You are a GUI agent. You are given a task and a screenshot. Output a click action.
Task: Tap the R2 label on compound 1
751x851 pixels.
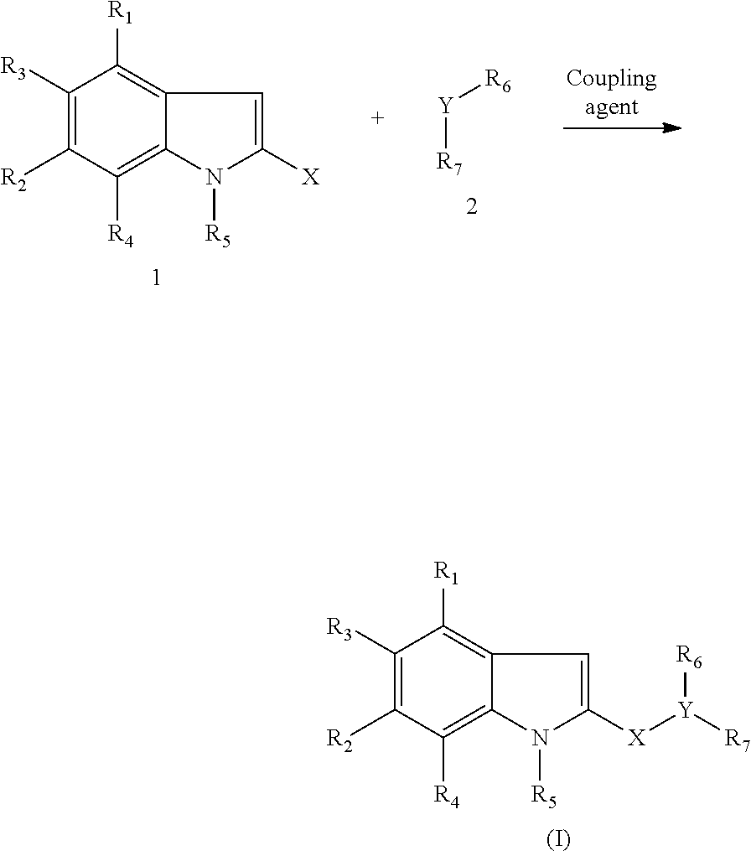pyautogui.click(x=13, y=178)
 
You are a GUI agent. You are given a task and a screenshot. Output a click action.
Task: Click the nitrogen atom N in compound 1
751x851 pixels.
pyautogui.click(x=215, y=177)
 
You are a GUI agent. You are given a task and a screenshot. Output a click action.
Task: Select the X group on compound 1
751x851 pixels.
pyautogui.click(x=310, y=178)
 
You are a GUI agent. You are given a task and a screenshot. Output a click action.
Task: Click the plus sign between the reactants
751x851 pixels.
pyautogui.click(x=378, y=118)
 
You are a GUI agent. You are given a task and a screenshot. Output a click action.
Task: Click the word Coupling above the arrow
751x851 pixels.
pyautogui.click(x=611, y=79)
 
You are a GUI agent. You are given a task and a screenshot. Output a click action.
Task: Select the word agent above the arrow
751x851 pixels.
pyautogui.click(x=612, y=106)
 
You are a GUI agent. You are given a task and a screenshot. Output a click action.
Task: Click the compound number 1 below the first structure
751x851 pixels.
pyautogui.click(x=155, y=279)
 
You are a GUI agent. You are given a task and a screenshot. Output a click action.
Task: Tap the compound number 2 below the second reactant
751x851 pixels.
pyautogui.click(x=472, y=207)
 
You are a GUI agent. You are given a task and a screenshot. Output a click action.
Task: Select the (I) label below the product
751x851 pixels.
pyautogui.click(x=558, y=838)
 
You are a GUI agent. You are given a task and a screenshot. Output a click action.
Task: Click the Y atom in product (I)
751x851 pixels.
pyautogui.click(x=686, y=711)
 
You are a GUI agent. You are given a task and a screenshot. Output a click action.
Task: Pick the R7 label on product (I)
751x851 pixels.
pyautogui.click(x=737, y=739)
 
